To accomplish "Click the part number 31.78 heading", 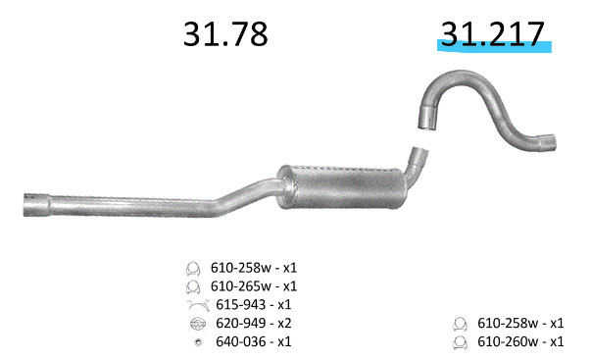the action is coord(225,34).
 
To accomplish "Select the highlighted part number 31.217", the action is coord(493,34).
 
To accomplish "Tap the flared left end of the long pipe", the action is coord(36,205).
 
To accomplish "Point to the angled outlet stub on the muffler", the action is coord(417,163).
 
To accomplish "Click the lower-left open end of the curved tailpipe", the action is coord(426,120).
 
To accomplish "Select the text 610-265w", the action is coord(240,286).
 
